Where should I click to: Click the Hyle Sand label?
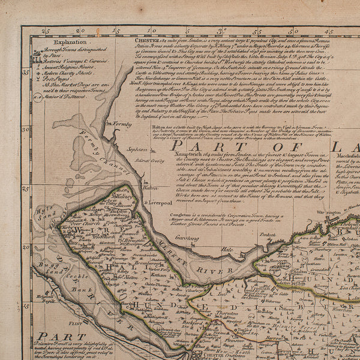click(x=41, y=212)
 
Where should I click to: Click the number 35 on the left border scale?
click(x=25, y=72)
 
